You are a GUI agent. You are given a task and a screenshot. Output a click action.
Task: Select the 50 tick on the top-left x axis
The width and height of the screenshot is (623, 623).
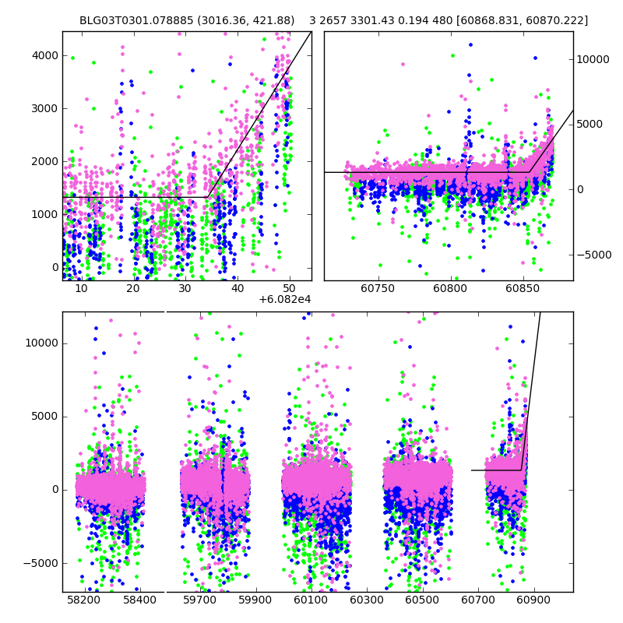[x=290, y=288]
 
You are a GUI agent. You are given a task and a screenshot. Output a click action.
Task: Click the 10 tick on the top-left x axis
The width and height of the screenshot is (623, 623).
[x=81, y=288]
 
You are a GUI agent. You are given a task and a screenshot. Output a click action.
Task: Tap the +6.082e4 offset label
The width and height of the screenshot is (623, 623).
[x=285, y=299]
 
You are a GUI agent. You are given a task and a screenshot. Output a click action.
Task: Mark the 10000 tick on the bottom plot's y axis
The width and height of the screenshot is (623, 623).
[x=40, y=343]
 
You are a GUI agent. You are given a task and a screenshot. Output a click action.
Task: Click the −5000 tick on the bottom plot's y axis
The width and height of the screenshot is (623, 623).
[x=40, y=563]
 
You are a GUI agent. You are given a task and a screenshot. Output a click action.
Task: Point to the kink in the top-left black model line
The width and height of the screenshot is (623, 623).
[x=206, y=197]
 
